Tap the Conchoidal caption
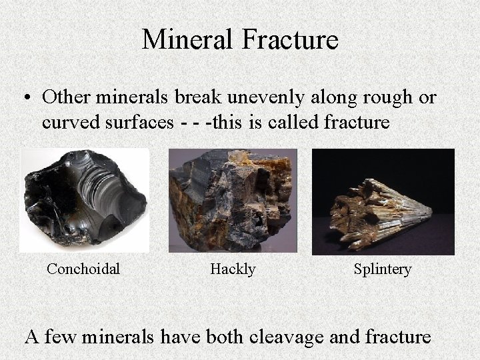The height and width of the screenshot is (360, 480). pos(83,269)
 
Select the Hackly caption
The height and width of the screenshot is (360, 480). pos(233,269)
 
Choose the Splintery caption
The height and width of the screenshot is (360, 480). pos(382,269)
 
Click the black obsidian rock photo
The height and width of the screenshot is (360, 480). pos(84,200)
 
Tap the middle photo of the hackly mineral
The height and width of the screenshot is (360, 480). pos(233,200)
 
